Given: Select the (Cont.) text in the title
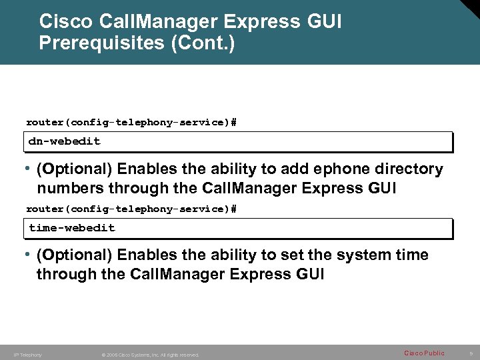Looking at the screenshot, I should [213, 44].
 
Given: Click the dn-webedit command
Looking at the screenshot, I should [65, 141].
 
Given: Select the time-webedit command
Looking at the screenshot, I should [72, 228].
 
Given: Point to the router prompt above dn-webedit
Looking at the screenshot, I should [131, 122].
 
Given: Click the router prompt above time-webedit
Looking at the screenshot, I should [131, 209].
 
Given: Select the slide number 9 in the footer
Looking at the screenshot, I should [471, 353].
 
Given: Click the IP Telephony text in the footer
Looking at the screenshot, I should [27, 355].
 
